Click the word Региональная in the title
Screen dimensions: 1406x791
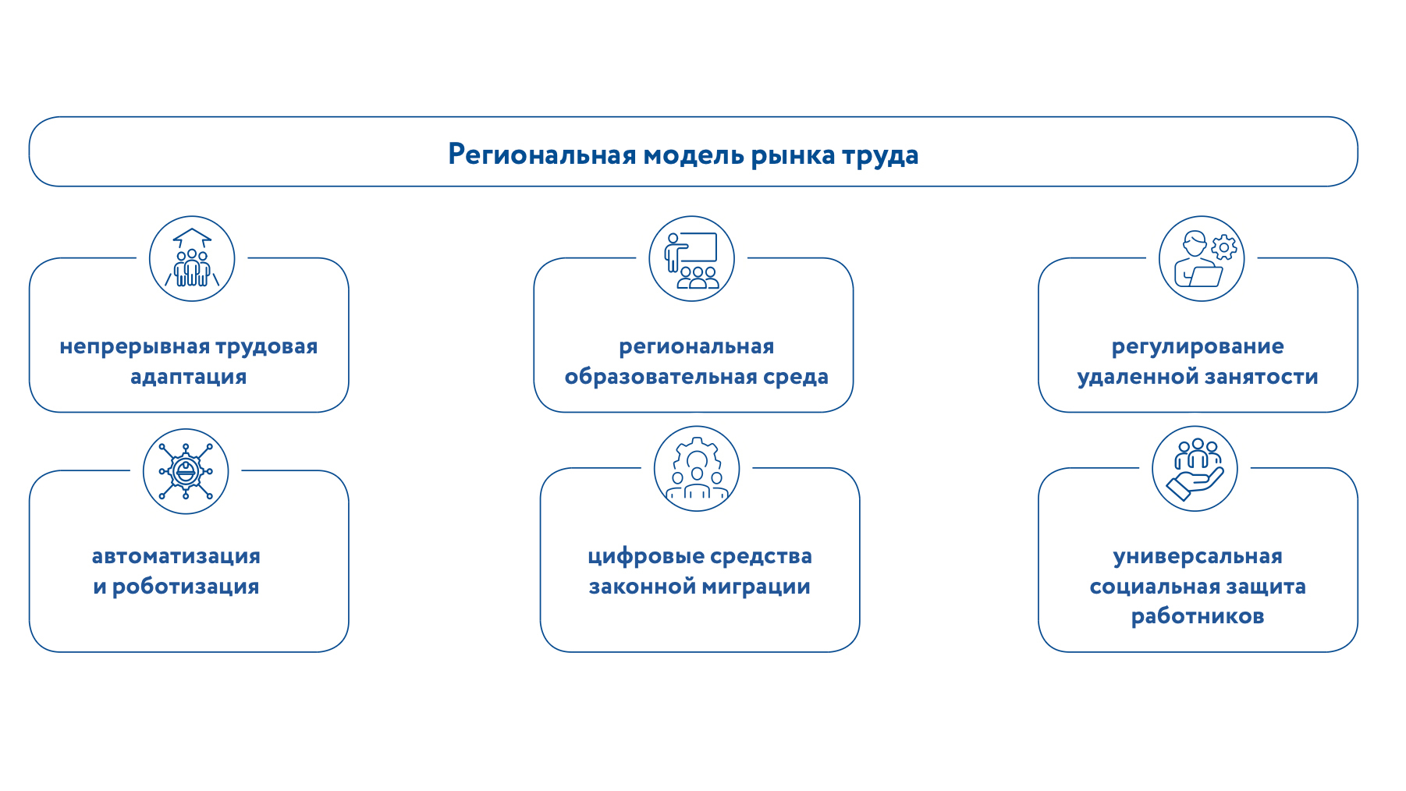pos(542,154)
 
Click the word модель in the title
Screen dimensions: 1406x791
pos(694,155)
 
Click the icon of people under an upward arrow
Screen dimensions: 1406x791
pos(192,258)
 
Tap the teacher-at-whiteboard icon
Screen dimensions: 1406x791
pos(692,258)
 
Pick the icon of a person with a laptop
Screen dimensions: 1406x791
pos(1202,258)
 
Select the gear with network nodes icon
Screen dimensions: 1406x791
pos(186,471)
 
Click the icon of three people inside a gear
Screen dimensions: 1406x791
pos(697,469)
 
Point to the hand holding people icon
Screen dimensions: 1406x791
pos(1195,469)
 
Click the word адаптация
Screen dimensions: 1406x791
pos(189,378)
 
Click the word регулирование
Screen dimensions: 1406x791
pos(1198,347)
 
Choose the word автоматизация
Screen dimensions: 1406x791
pos(176,556)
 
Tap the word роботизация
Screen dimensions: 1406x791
pos(186,587)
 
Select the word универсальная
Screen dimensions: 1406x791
pos(1198,557)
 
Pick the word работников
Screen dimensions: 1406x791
pos(1198,616)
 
